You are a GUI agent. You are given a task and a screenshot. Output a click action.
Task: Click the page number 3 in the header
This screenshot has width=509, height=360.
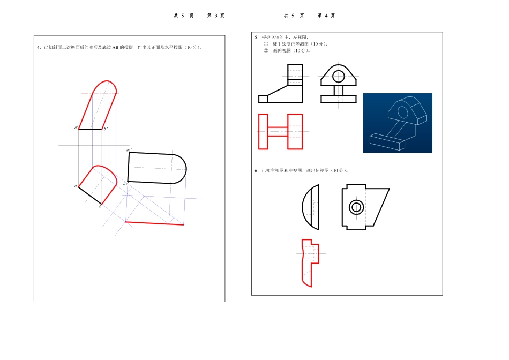click(215, 16)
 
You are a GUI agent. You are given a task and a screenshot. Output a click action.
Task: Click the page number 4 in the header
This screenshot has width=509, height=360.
click(326, 16)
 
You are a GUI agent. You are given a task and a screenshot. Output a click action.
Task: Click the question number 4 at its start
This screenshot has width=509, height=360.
click(39, 48)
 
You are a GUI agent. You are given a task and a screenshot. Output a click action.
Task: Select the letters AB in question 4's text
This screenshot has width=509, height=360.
click(115, 48)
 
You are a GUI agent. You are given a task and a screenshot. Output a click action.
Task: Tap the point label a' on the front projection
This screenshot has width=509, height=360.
click(76, 128)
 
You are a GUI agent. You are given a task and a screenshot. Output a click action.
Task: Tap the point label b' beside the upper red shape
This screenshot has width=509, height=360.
click(106, 129)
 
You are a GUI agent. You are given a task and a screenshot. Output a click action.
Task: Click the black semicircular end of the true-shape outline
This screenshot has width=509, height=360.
click(181, 169)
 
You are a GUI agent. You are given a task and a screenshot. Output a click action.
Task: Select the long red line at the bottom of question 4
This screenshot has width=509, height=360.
click(154, 223)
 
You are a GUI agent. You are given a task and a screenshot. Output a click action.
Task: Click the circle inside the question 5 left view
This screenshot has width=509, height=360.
click(339, 76)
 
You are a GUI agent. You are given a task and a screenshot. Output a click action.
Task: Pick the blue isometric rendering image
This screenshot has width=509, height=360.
click(398, 123)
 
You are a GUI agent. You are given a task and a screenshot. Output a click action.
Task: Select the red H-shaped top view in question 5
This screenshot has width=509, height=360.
click(280, 131)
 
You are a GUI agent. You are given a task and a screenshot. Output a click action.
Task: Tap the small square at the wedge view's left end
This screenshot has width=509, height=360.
click(263, 99)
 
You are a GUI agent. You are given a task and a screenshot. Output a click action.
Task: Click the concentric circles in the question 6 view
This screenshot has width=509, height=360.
click(356, 207)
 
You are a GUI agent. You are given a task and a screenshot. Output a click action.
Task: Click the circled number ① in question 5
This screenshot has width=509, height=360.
click(266, 44)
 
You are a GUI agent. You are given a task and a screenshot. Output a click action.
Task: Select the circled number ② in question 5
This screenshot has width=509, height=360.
click(266, 51)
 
